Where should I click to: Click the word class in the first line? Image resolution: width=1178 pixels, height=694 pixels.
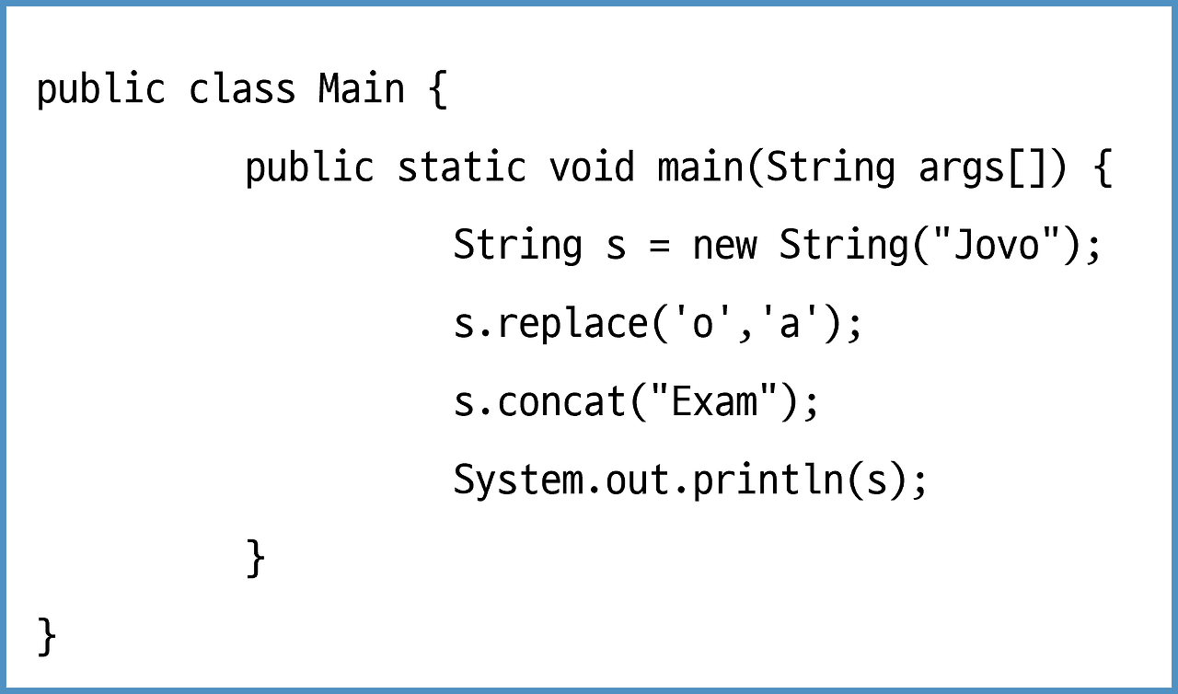(x=242, y=89)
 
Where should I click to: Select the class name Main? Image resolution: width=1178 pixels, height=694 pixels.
(x=361, y=89)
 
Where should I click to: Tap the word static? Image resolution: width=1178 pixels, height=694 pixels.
(x=461, y=168)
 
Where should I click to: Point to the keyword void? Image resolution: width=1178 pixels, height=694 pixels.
(x=592, y=168)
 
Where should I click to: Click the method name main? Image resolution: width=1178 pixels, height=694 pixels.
(x=700, y=168)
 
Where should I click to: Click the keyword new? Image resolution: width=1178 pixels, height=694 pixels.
(x=724, y=246)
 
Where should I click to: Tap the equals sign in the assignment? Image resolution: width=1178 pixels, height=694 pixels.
(x=659, y=246)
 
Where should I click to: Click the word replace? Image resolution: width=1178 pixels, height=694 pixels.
(x=572, y=325)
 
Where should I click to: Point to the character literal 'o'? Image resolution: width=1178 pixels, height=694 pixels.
(x=701, y=325)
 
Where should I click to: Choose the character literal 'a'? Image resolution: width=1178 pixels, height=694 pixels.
(x=789, y=325)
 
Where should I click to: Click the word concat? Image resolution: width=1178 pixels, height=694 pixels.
(x=560, y=403)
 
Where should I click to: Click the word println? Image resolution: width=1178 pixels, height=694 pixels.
(x=767, y=481)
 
